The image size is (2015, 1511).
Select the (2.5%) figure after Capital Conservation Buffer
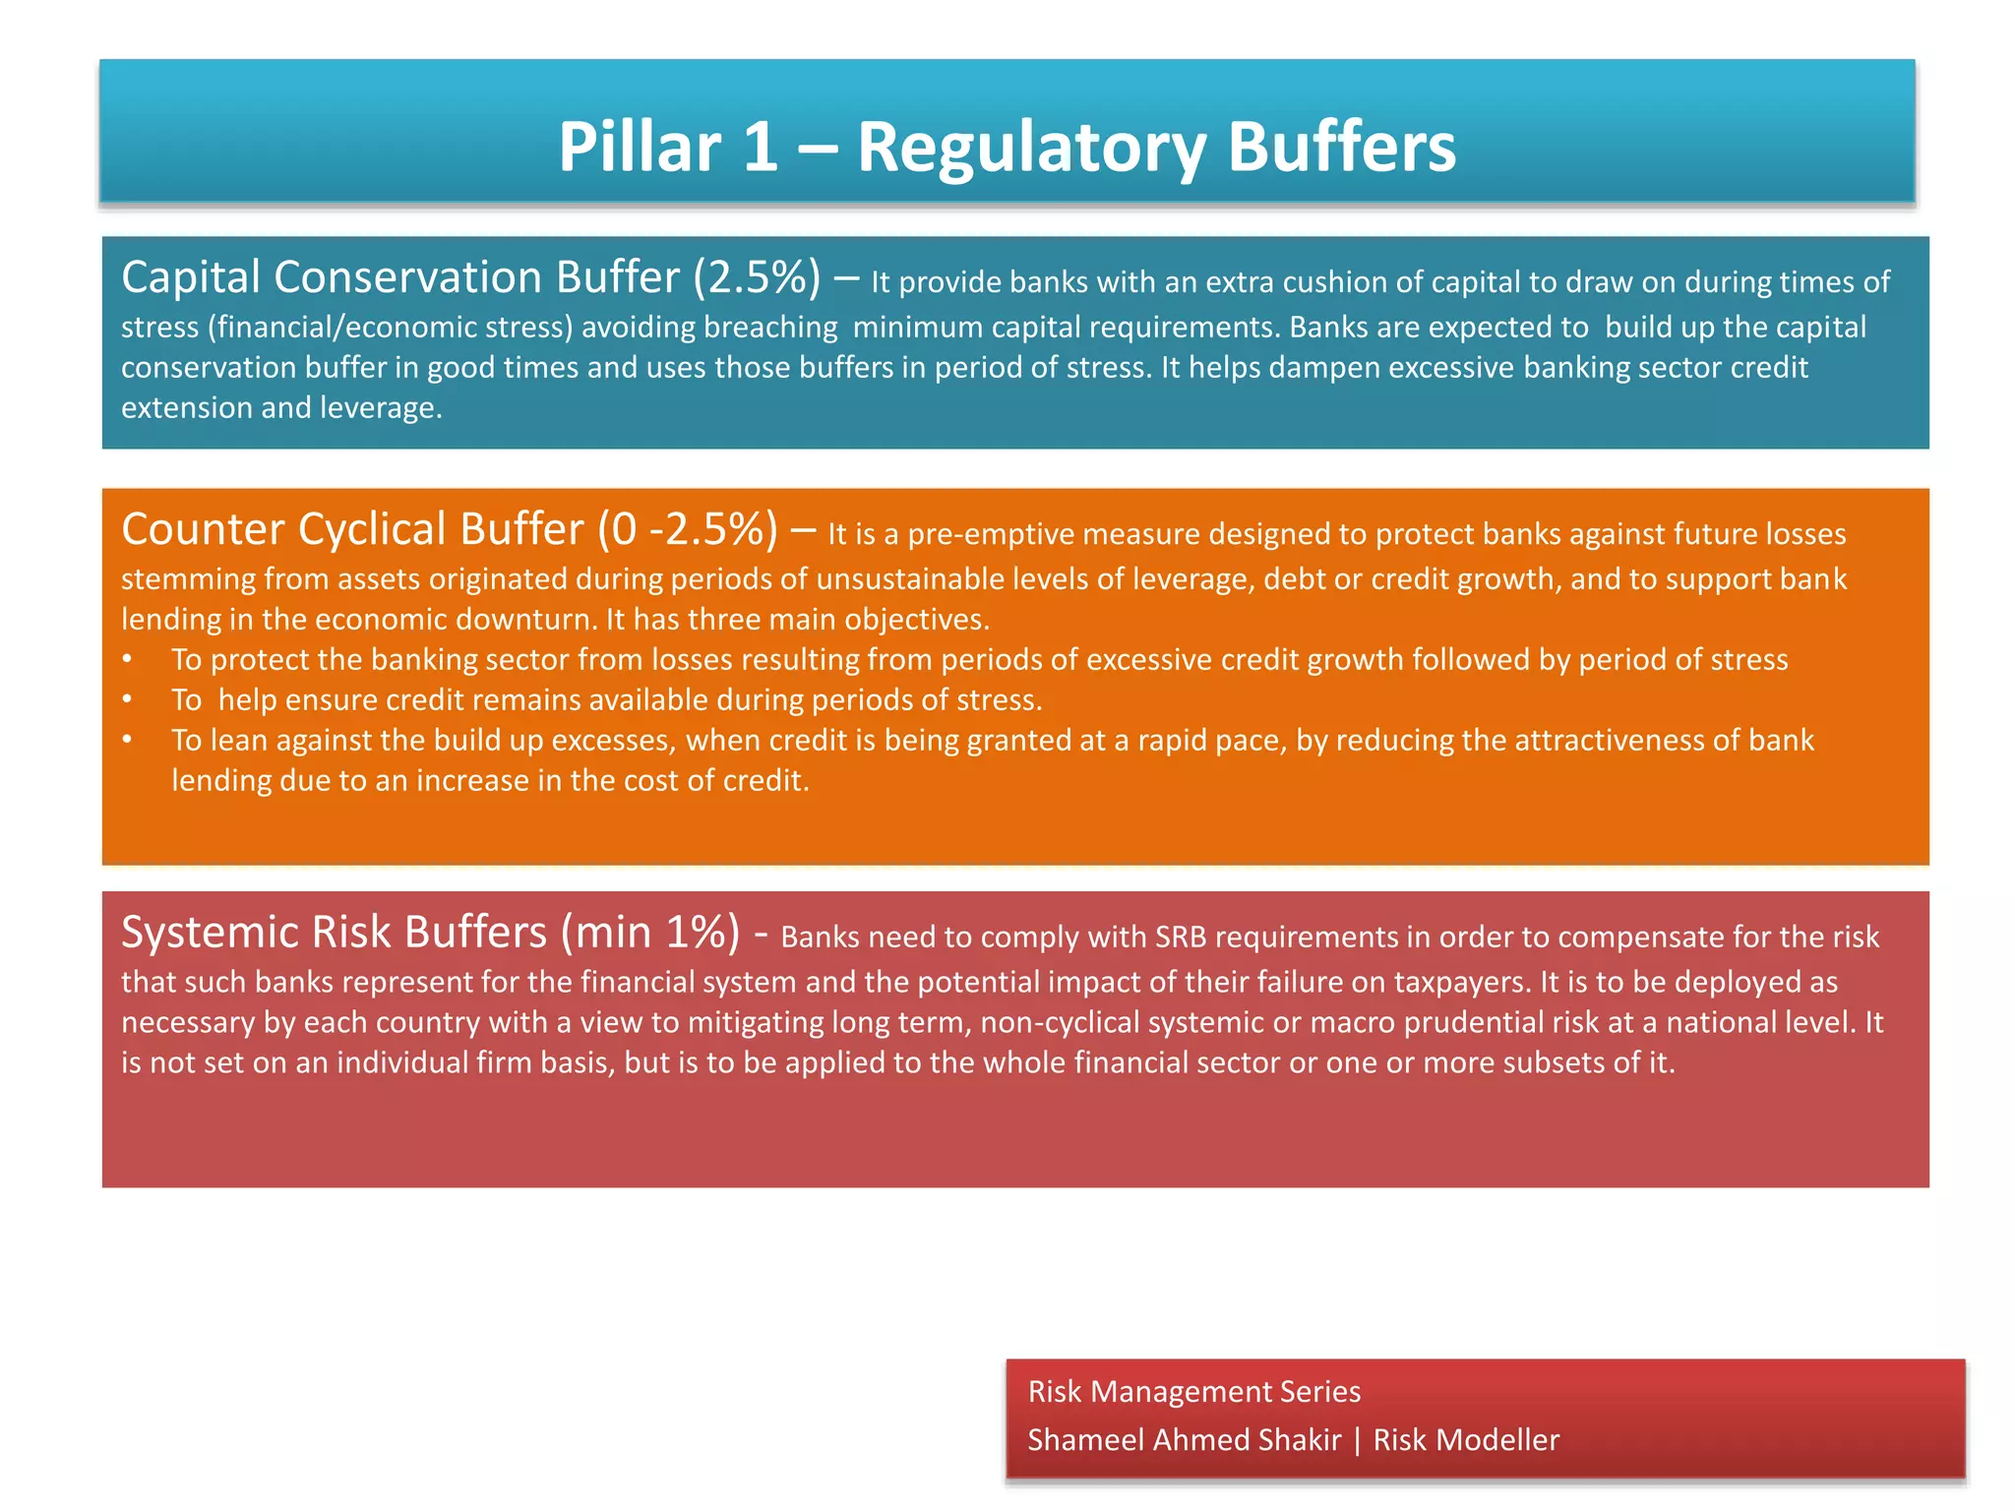click(757, 277)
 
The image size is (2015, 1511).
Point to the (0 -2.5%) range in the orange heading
click(687, 529)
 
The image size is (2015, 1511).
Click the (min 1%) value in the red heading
click(650, 932)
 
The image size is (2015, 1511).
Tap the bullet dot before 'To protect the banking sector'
click(128, 659)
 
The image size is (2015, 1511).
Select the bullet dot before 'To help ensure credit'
click(128, 699)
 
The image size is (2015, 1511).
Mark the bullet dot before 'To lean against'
click(128, 740)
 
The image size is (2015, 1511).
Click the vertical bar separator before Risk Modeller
click(1358, 1440)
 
